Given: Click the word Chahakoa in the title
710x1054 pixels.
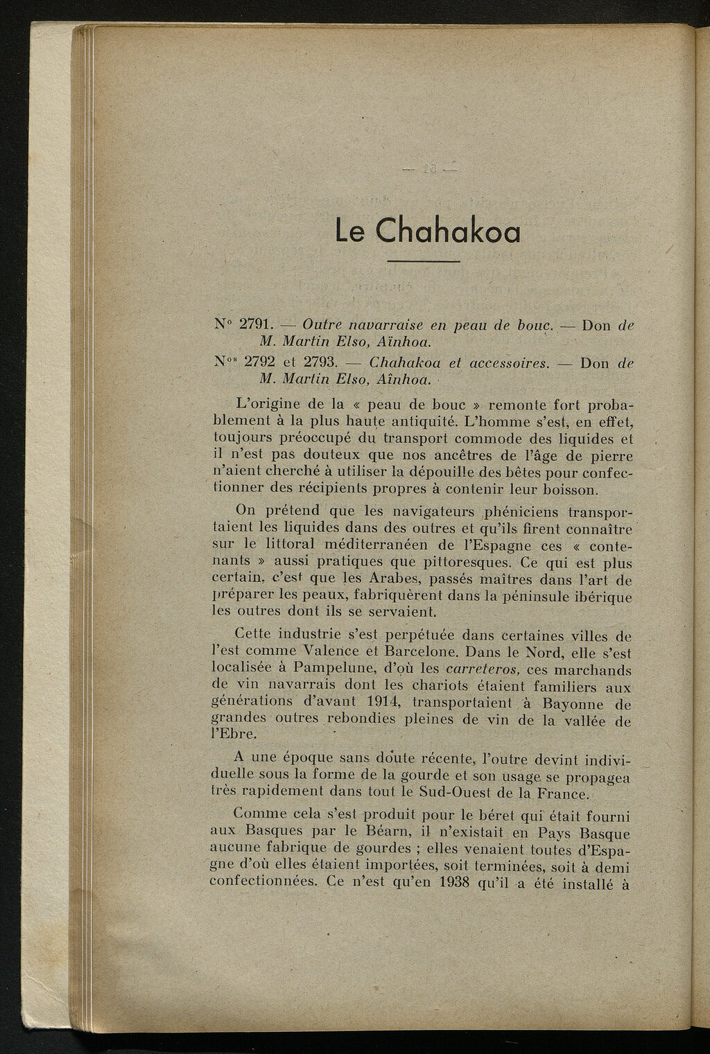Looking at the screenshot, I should [448, 231].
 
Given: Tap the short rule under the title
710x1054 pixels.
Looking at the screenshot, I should [423, 261].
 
